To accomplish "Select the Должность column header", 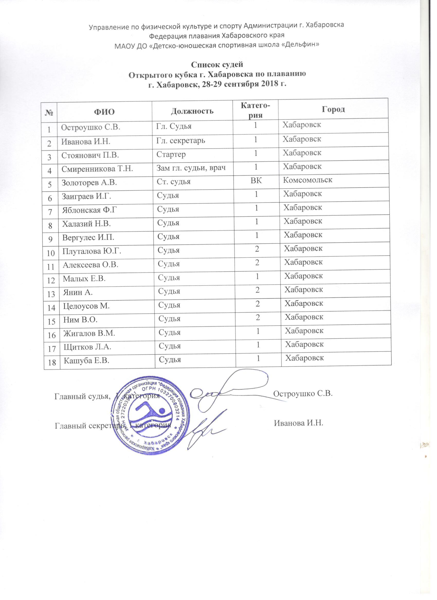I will pyautogui.click(x=192, y=111).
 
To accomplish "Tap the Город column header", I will pyautogui.click(x=333, y=109).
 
